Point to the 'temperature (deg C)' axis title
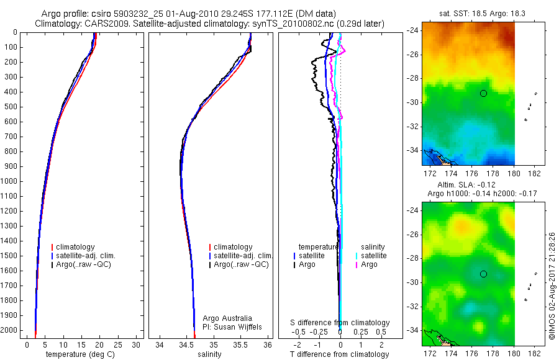[80, 354]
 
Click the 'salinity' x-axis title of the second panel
[209, 354]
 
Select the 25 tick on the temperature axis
[117, 345]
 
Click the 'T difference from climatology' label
[339, 354]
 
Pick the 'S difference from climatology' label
[340, 323]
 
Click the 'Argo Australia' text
[227, 318]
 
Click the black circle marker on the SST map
[483, 93]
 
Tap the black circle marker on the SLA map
[483, 274]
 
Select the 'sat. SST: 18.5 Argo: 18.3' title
[482, 14]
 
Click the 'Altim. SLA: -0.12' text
[466, 185]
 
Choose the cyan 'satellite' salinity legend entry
[371, 256]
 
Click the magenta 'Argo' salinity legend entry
[366, 264]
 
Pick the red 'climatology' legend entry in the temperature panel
[73, 247]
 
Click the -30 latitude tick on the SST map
[413, 102]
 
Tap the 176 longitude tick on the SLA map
[471, 353]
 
